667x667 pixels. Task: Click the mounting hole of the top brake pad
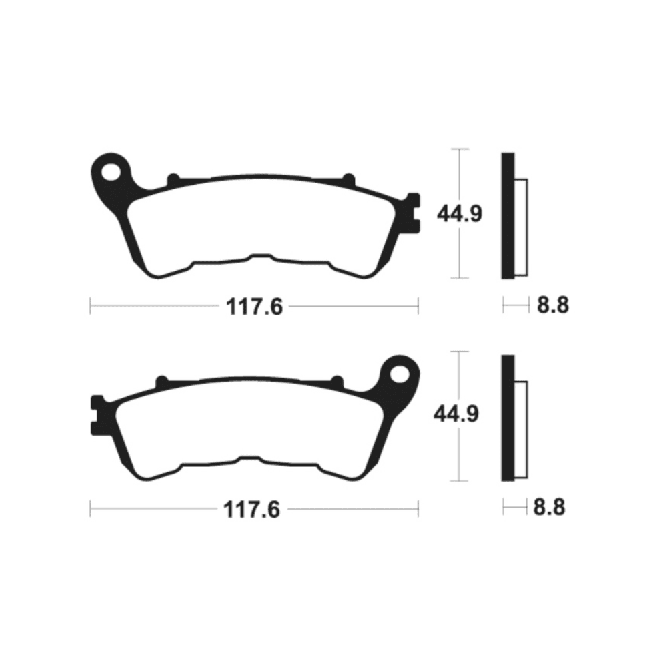(111, 172)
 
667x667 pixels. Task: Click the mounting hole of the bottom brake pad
(400, 374)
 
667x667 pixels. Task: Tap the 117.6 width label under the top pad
(254, 307)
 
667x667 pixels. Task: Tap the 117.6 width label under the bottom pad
(252, 509)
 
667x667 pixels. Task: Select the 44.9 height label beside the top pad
(460, 213)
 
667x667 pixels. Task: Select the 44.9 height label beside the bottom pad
(456, 414)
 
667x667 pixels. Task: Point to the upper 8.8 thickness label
(552, 305)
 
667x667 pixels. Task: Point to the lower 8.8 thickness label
(549, 508)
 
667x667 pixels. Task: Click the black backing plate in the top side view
(508, 215)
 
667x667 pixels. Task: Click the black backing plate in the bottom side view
(508, 418)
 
